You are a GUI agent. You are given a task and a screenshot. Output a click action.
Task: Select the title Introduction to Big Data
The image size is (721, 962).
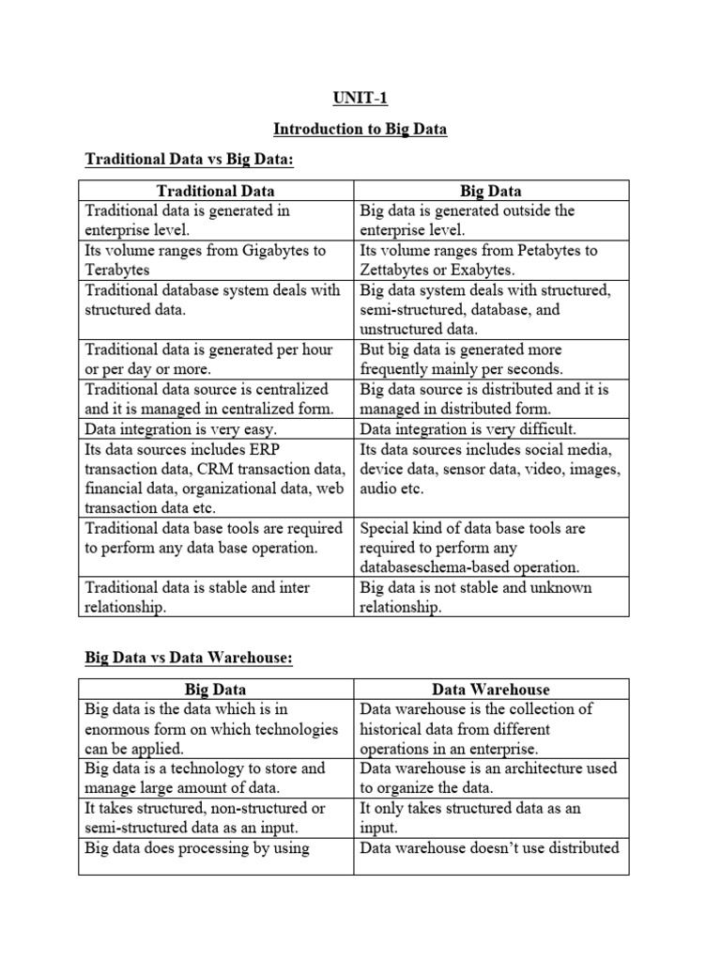tap(360, 129)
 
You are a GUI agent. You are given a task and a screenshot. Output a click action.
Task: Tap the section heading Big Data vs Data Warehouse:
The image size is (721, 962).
tap(189, 659)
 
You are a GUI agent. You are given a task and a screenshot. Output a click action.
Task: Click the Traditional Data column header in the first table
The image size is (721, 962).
tap(215, 191)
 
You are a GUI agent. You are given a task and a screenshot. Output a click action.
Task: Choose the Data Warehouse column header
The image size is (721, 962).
tap(491, 690)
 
